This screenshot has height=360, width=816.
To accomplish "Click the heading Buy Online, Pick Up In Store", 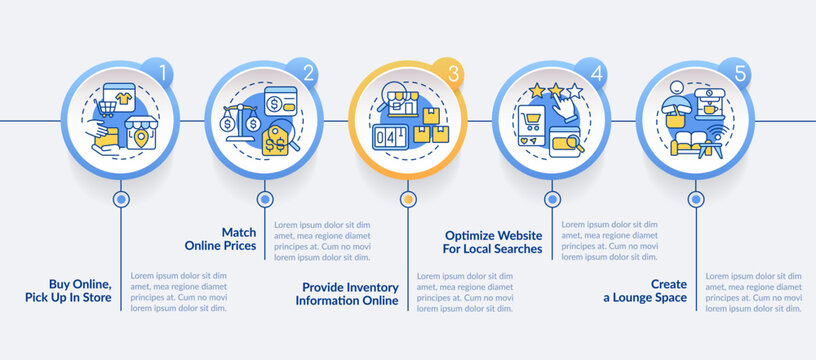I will point(71,290).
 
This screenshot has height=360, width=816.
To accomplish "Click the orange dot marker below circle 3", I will point(407,199).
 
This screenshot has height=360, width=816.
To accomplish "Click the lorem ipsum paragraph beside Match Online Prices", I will point(322,241).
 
